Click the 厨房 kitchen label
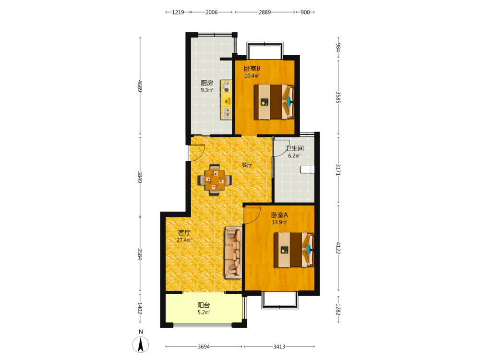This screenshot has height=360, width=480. tap(206, 83)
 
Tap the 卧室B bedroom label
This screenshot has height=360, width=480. tap(252, 69)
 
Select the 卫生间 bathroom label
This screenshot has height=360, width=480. tap(295, 148)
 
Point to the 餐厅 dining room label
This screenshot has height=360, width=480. tap(247, 165)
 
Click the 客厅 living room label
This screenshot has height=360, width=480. tap(184, 233)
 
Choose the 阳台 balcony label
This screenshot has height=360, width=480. tap(204, 305)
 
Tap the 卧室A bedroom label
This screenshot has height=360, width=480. tap(279, 215)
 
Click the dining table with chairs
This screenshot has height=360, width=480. tap(214, 180)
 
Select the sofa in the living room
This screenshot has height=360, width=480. tap(234, 252)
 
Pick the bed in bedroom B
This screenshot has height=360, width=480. tap(274, 102)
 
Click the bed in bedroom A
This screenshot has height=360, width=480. tap(294, 250)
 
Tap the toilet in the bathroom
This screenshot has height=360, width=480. tap(307, 169)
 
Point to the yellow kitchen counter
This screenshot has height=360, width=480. tap(226, 100)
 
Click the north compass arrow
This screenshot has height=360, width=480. tap(141, 344)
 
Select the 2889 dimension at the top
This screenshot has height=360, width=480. tap(265, 12)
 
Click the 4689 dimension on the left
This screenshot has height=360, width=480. tap(140, 86)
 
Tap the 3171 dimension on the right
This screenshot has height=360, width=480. tap(338, 169)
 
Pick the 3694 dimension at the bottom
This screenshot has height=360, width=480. tap(204, 347)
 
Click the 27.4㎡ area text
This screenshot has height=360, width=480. tap(184, 240)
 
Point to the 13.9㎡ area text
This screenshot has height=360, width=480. tap(279, 223)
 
